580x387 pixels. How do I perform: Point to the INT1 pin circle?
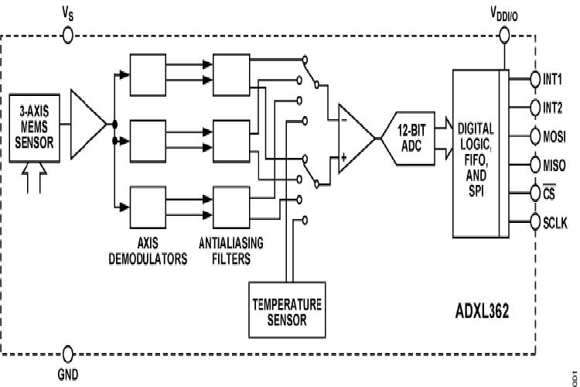(534, 78)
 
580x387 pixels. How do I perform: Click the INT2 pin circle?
(534, 107)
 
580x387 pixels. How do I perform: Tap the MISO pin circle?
(534, 165)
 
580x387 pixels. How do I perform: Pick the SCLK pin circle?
(534, 222)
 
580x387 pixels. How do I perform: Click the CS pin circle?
(534, 193)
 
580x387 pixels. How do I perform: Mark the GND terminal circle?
(68, 354)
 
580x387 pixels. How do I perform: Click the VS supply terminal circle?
(68, 35)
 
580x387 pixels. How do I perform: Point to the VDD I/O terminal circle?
(505, 35)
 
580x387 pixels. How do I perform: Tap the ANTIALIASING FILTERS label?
(232, 251)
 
